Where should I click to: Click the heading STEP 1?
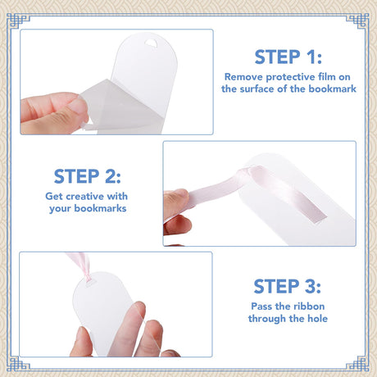288,57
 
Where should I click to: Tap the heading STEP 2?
87,176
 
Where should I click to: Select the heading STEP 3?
287,286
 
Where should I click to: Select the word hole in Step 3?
317,319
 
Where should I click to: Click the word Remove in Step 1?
243,77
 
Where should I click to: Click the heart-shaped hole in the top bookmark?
151,43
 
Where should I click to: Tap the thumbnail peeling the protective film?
79,109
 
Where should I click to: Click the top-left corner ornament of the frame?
18,21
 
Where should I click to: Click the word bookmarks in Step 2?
100,208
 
